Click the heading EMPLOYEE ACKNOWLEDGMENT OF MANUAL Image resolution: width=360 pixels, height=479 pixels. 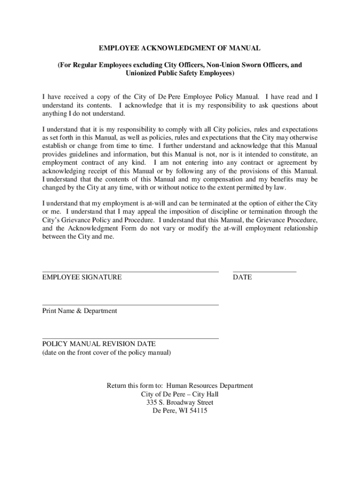click(180, 48)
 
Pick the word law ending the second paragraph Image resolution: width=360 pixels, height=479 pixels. click(280, 188)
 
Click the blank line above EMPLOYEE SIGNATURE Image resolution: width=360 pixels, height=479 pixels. click(130, 271)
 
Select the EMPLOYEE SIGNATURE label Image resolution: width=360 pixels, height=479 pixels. click(82, 277)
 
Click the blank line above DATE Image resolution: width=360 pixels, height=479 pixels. click(264, 271)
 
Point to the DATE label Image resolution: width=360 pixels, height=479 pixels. click(242, 277)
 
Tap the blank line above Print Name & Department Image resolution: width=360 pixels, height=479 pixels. click(130, 305)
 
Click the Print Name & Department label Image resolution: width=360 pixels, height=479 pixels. click(79, 311)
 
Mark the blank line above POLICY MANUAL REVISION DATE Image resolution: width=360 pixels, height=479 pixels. click(130, 338)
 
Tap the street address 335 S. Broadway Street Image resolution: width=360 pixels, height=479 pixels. click(180, 403)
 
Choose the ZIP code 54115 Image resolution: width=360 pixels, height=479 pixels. click(197, 411)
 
